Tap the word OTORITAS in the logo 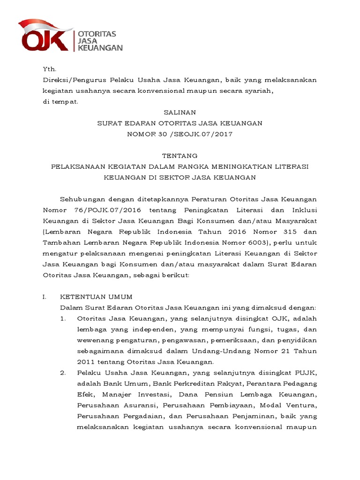97,34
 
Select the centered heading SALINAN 180,112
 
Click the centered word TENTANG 180,156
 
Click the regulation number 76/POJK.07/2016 100,210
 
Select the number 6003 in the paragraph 257,242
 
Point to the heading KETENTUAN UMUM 97,297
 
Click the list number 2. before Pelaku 63,373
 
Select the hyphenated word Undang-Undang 222,351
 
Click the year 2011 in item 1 85,361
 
